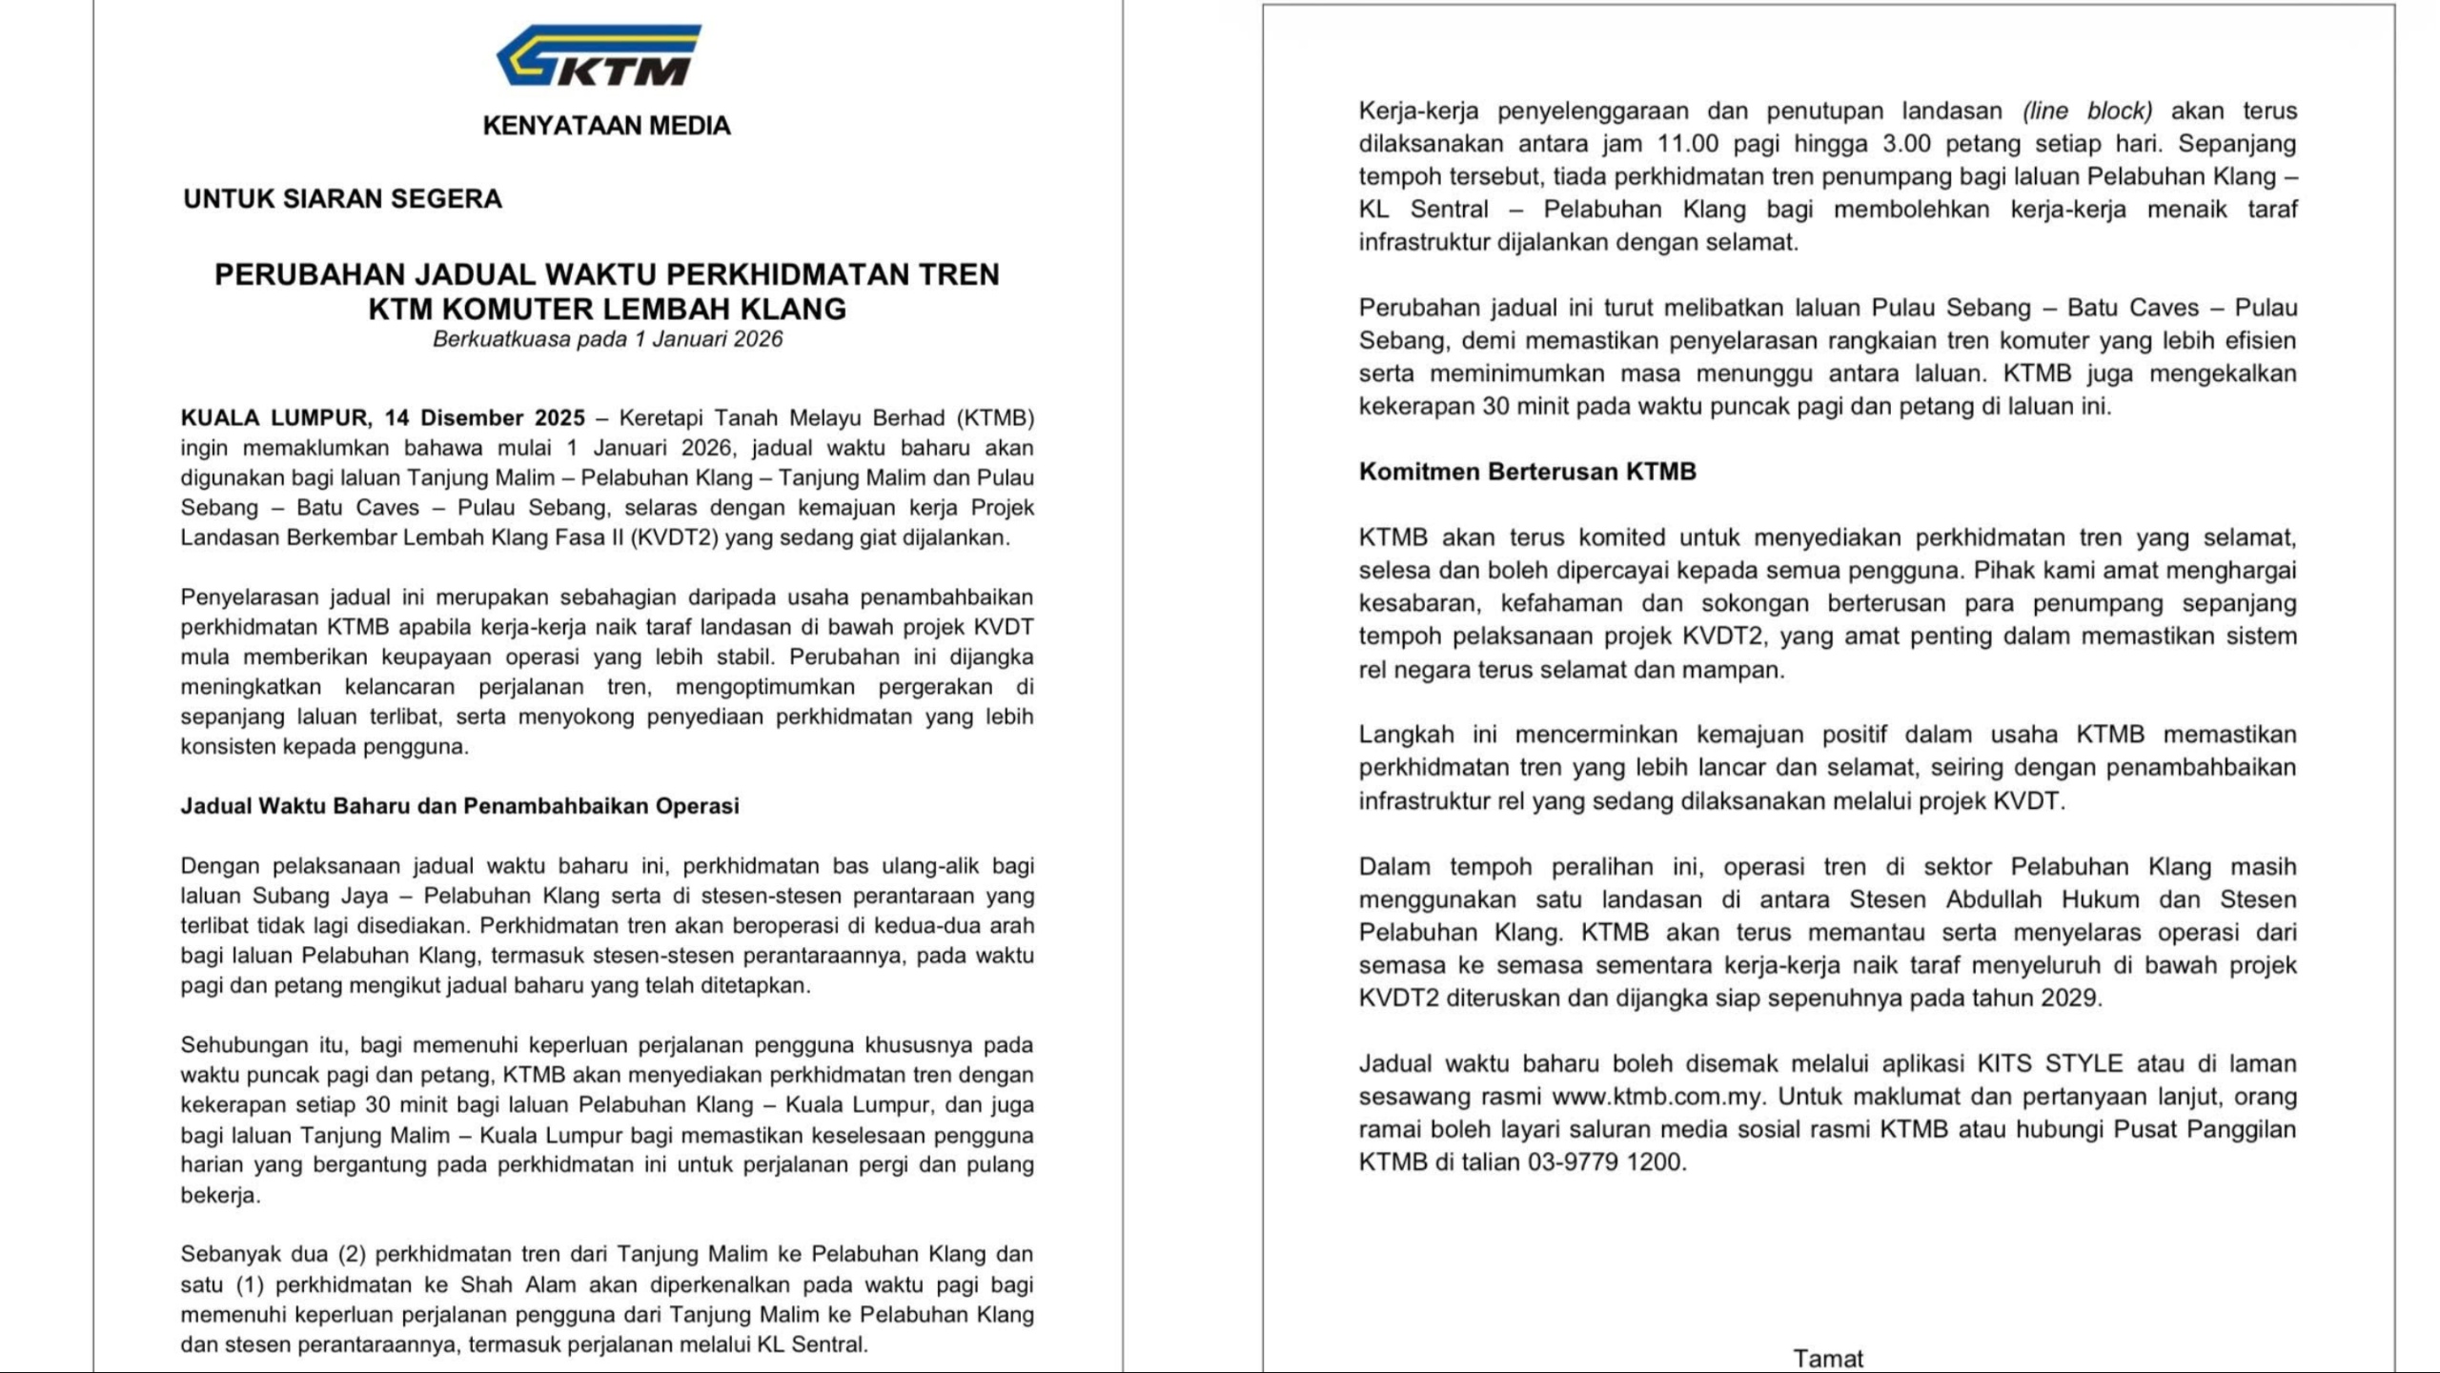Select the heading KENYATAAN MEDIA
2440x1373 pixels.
tap(606, 126)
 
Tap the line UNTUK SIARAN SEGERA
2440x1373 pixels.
tap(342, 199)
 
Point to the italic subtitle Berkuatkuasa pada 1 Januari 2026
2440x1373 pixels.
tap(607, 339)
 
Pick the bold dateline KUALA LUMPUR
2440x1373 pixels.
tap(275, 418)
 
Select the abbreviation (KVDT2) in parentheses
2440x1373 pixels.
tap(674, 537)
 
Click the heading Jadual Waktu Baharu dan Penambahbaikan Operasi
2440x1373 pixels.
tap(459, 806)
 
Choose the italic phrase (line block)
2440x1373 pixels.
tap(2087, 111)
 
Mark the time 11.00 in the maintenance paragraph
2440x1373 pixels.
tap(1688, 144)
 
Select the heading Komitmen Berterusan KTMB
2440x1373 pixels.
tap(1527, 472)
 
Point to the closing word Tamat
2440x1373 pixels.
tap(1827, 1359)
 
